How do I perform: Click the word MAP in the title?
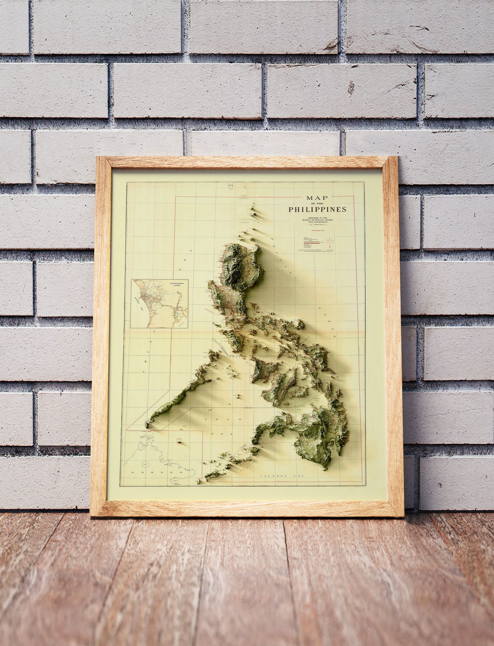(x=317, y=198)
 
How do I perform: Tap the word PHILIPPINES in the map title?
(x=317, y=209)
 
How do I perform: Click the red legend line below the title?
(x=310, y=244)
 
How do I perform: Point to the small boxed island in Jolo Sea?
(x=179, y=441)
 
